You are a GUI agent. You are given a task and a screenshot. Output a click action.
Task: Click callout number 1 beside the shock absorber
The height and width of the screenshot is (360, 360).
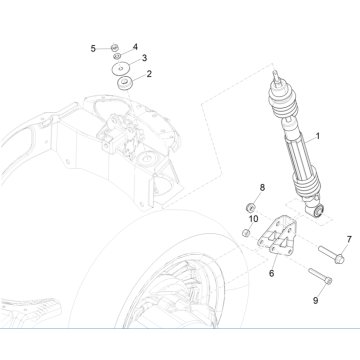(318, 136)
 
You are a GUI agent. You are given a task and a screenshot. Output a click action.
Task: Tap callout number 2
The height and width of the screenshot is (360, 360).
(149, 74)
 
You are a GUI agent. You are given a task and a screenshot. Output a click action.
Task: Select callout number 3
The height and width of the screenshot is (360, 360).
(144, 58)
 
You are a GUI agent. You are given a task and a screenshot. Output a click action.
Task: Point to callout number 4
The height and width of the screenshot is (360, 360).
(135, 47)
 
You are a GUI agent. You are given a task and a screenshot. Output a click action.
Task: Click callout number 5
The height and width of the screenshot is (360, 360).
(93, 49)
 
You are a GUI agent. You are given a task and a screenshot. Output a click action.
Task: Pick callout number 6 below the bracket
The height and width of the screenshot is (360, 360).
(272, 274)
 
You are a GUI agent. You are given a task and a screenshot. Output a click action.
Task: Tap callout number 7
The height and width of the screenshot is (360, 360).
(349, 239)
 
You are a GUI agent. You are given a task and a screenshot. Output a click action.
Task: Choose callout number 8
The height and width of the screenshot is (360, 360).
(262, 188)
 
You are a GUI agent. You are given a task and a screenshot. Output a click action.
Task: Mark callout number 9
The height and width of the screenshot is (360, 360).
(315, 301)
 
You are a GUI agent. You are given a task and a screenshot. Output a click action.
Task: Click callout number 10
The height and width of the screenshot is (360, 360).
(253, 219)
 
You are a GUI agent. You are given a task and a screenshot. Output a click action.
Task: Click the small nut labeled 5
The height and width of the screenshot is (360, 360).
(115, 47)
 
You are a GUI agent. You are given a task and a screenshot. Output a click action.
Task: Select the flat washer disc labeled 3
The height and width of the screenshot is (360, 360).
(121, 69)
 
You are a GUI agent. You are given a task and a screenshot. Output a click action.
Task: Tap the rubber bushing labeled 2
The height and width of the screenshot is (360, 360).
(125, 83)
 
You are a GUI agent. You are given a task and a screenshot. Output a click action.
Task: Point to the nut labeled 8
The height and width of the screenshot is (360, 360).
(250, 208)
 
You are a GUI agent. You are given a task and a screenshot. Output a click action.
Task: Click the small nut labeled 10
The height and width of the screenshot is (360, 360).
(246, 233)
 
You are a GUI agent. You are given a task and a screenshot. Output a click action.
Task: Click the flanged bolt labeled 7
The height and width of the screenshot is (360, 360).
(331, 255)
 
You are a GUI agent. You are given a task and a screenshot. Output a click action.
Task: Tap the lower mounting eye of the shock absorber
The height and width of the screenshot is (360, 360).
(318, 211)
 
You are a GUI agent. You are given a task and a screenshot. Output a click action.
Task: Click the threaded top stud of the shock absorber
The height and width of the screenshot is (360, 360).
(276, 76)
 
